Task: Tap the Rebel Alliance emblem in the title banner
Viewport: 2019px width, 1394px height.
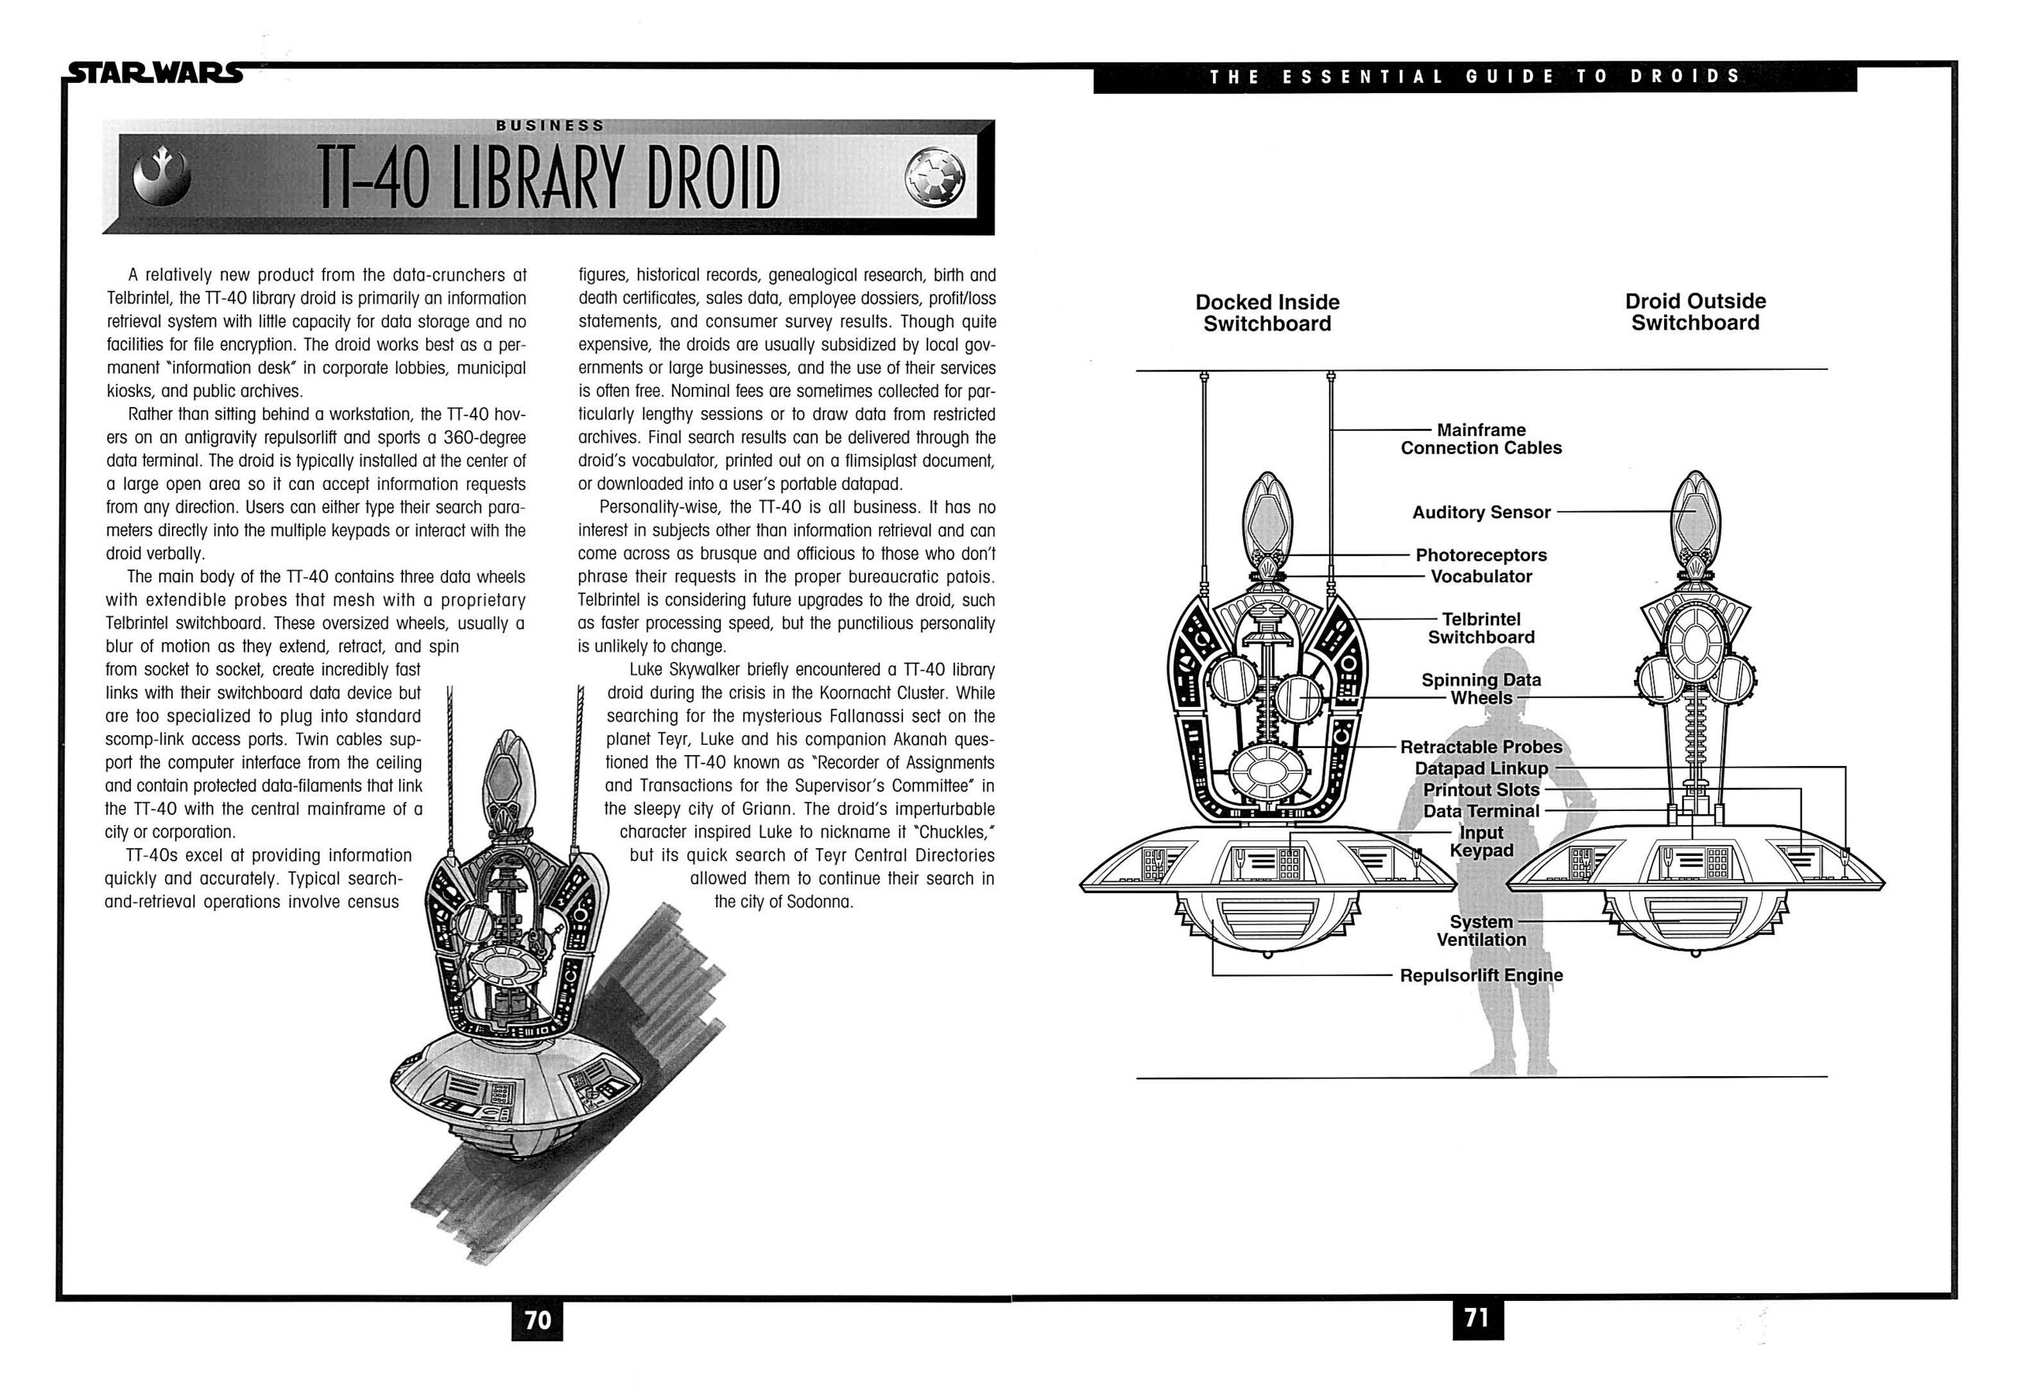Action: [x=162, y=178]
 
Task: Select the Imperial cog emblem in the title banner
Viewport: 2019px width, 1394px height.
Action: [x=935, y=178]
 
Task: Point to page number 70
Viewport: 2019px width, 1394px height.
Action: [x=537, y=1320]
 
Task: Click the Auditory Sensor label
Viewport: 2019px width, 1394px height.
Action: [x=1481, y=513]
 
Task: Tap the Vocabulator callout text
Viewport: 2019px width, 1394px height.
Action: [x=1481, y=577]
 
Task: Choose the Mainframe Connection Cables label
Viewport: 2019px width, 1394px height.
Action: [x=1481, y=439]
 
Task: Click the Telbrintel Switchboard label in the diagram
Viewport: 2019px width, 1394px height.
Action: [x=1481, y=628]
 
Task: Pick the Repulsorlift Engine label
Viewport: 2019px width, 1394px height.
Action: [x=1481, y=976]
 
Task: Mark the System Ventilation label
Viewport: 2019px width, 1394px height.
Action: [x=1481, y=931]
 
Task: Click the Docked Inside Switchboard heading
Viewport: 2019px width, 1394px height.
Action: [x=1267, y=312]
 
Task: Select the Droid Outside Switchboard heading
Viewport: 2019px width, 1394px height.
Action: [x=1695, y=312]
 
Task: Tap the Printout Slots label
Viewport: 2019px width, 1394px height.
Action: [x=1481, y=790]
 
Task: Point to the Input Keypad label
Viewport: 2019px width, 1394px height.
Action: [x=1481, y=842]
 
